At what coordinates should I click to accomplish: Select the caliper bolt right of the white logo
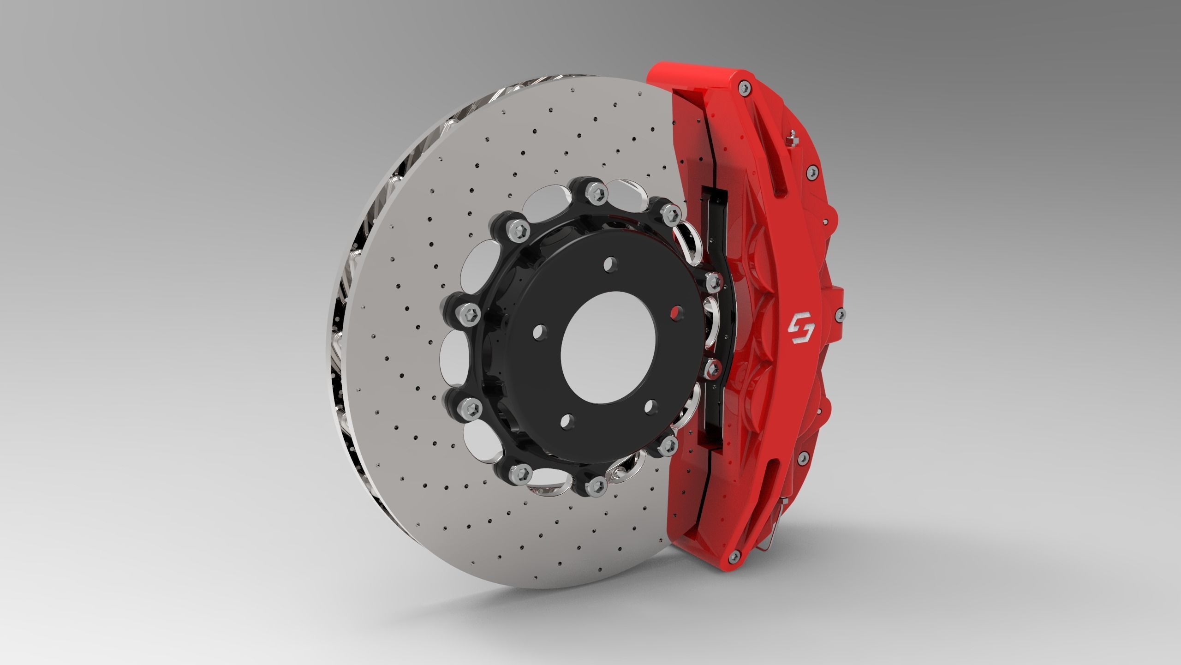point(841,314)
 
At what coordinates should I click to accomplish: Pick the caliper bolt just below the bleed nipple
point(811,171)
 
